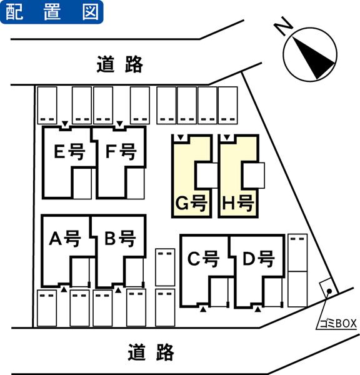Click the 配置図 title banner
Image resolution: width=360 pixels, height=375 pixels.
[52, 12]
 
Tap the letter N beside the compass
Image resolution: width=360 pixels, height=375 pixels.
[284, 26]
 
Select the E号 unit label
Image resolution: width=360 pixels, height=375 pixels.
[69, 152]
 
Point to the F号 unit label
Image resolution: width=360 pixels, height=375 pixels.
[121, 152]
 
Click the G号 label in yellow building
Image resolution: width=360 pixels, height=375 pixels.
[191, 203]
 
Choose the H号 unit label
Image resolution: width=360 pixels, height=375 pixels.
[237, 203]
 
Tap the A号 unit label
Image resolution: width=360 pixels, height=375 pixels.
[65, 239]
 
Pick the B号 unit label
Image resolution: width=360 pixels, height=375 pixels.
[121, 239]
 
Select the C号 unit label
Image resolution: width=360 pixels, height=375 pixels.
[203, 259]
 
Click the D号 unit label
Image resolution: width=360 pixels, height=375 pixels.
[259, 259]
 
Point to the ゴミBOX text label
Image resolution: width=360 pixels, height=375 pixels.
[338, 324]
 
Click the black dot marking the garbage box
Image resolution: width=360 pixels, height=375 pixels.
[329, 291]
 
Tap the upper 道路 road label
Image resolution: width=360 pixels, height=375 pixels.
[120, 64]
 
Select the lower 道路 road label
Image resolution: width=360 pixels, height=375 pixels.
[151, 352]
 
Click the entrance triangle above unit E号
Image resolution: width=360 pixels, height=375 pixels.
[65, 124]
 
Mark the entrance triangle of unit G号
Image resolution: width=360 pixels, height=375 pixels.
[181, 137]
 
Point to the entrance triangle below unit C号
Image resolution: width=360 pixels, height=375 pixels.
[203, 309]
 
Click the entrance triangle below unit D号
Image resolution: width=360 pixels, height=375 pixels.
[257, 309]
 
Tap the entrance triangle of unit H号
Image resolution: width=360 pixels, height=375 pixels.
[227, 137]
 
